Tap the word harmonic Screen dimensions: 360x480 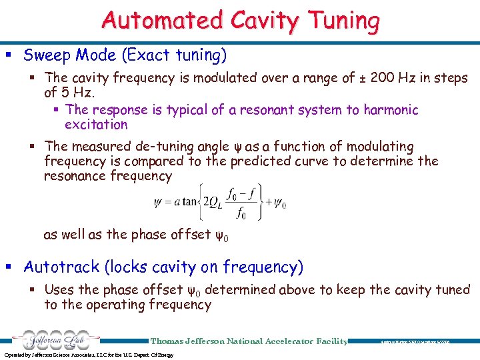391,109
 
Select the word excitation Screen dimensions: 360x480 96,125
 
